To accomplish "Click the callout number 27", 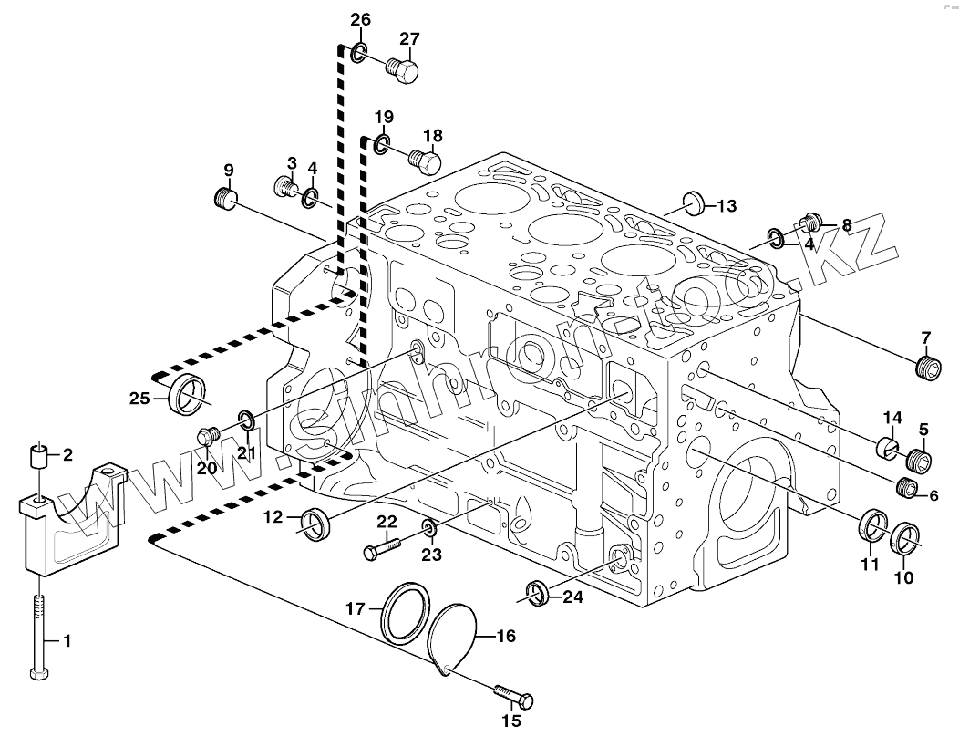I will [409, 38].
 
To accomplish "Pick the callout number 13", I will [726, 206].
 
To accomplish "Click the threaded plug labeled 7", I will [926, 367].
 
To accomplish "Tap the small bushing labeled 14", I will [887, 447].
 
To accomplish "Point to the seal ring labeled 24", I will [537, 592].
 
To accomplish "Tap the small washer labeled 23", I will [428, 528].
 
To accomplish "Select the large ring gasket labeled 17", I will [406, 613].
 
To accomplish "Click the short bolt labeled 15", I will [514, 696].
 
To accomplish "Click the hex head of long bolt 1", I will [39, 675].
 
